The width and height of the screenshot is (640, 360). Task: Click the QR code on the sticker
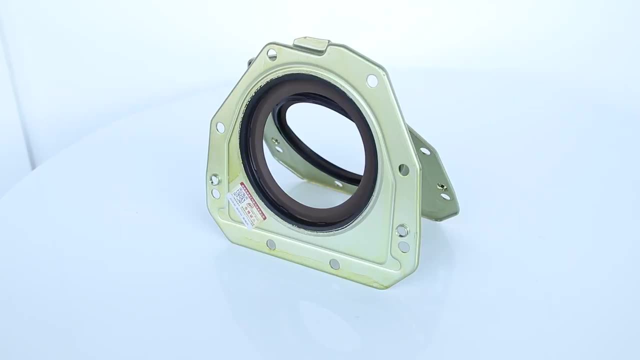point(239,195)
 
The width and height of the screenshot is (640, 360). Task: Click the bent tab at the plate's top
point(311,44)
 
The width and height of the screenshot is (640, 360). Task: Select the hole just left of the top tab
point(272,54)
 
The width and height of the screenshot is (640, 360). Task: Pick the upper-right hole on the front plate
point(372,80)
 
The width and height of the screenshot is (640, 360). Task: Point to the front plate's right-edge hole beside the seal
point(403,169)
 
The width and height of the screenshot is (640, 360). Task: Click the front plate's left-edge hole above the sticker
point(220,127)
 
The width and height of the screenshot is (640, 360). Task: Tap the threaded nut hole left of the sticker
point(215,179)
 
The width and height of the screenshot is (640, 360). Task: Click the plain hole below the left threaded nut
point(216,193)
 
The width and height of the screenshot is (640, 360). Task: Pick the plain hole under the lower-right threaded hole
point(403,246)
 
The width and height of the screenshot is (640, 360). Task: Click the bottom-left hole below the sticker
point(270,244)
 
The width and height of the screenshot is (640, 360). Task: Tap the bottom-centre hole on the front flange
point(334,263)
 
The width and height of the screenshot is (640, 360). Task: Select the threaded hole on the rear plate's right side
point(441,187)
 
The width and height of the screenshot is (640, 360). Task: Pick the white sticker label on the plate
point(247,204)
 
